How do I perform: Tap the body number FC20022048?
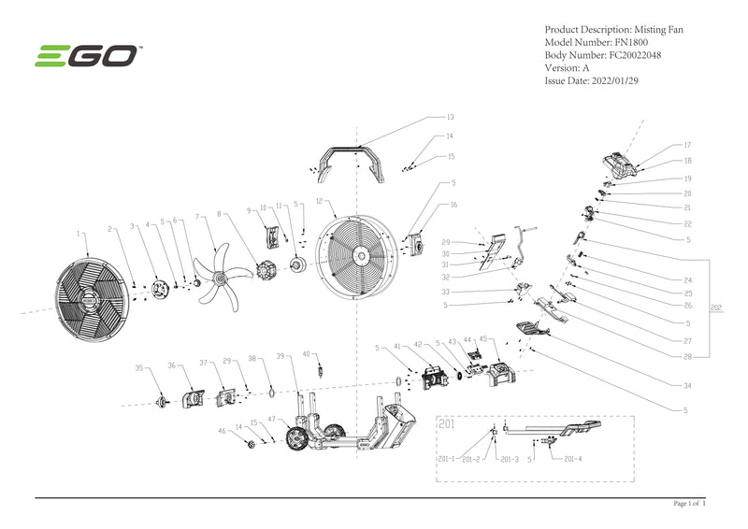640,55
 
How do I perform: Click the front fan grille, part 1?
90,298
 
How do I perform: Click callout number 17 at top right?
687,145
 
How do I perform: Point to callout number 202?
716,306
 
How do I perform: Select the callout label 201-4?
573,459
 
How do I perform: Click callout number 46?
222,431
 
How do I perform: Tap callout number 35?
138,368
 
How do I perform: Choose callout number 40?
305,353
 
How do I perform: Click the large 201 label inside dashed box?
447,423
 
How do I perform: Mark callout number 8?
219,214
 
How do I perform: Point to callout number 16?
453,204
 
